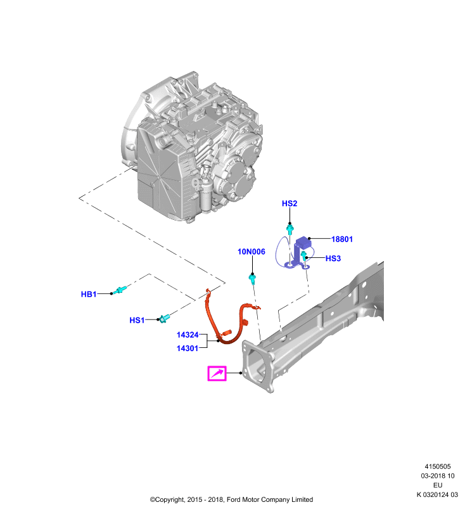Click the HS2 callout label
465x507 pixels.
290,203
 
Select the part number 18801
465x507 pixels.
342,240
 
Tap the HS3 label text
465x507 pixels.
333,259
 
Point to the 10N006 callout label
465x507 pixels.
252,252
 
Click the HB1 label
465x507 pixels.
89,294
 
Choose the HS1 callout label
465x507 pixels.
137,320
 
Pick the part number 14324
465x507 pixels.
188,335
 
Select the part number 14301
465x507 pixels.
188,348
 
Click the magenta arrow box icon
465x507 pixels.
217,373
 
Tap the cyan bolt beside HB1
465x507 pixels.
121,290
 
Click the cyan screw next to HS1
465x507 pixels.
164,319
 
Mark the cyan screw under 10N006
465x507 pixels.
252,279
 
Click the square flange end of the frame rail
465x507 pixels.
258,366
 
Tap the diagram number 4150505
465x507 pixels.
438,466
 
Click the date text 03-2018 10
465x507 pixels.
438,476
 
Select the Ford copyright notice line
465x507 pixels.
231,499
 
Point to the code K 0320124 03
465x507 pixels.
437,495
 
